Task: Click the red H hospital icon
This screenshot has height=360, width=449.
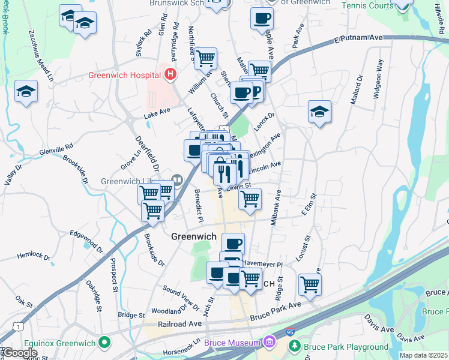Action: point(170,75)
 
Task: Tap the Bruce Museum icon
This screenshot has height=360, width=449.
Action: point(270,343)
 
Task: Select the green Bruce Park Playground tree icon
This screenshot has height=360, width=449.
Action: point(294,346)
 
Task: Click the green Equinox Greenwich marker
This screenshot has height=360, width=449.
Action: point(105,343)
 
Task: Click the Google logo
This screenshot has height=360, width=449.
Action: point(20,353)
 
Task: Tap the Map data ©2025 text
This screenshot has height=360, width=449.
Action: point(423,355)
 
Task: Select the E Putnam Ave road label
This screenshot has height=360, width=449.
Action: point(358,38)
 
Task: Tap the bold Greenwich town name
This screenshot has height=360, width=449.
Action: point(193,236)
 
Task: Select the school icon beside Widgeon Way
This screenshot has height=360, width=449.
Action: point(319,112)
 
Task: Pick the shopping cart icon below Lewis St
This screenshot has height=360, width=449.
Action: point(250,199)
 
